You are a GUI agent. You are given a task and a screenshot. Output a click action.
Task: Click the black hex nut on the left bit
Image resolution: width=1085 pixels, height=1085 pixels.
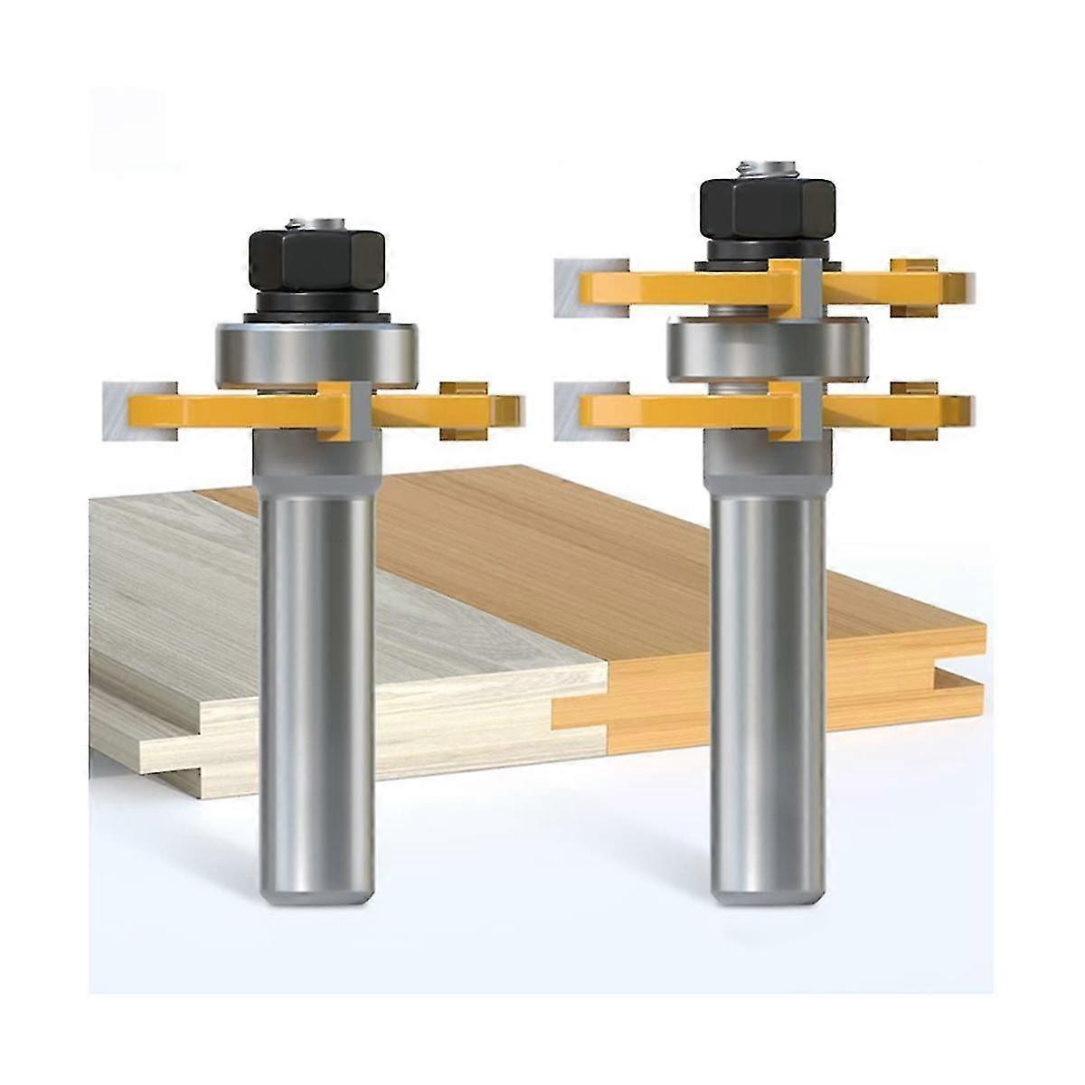click(316, 260)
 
